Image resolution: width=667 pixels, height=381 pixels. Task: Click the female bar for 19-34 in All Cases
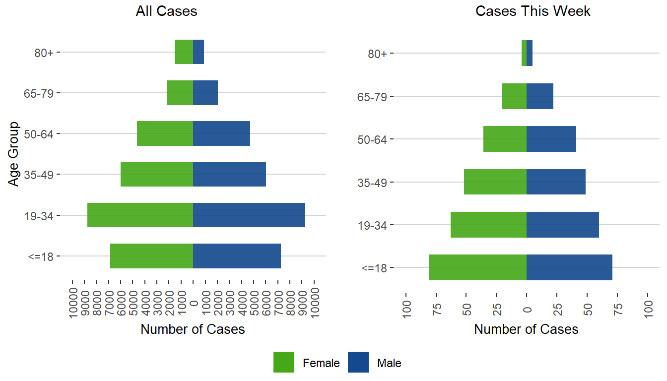coord(140,215)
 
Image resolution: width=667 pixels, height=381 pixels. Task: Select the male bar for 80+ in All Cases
coord(199,52)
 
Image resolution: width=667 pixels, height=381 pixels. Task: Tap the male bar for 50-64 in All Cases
coord(221,133)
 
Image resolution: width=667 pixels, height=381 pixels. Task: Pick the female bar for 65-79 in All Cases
coord(180,93)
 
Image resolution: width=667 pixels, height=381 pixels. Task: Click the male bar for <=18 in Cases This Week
coord(569,267)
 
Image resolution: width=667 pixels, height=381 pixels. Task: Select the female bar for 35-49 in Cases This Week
coord(495,182)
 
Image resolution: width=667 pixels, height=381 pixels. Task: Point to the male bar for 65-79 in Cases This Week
coord(540,96)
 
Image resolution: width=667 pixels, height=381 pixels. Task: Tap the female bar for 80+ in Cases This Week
coord(524,53)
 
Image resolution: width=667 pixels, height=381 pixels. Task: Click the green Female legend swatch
coord(284,362)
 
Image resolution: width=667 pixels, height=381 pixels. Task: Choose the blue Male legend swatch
coord(358,362)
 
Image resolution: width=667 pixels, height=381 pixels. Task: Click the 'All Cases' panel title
coord(166,11)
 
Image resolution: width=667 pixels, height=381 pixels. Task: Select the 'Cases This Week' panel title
coord(533,11)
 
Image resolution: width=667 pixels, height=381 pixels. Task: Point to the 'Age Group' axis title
coord(14,154)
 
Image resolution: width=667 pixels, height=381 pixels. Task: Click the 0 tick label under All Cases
coord(194,303)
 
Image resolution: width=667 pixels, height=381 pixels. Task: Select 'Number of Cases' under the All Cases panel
coord(193,329)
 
